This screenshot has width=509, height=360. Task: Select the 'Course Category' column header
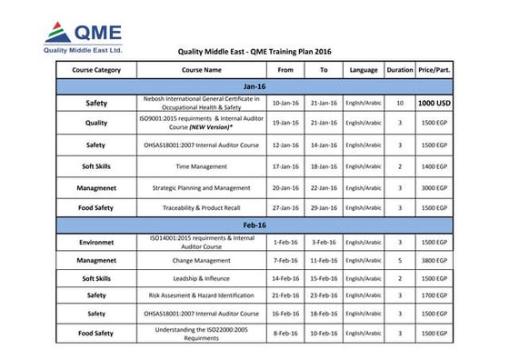(x=95, y=69)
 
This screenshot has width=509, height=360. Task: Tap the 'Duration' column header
(x=400, y=69)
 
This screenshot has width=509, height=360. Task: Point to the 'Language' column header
(x=364, y=69)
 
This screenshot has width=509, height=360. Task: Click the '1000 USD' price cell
(x=436, y=103)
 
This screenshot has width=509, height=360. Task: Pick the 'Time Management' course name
(x=201, y=166)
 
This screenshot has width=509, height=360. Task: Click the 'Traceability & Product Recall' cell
(x=201, y=208)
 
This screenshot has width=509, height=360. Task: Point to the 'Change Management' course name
(x=201, y=260)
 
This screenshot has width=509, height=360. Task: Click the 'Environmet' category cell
(x=95, y=242)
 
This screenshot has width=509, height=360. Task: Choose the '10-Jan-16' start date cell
(x=285, y=103)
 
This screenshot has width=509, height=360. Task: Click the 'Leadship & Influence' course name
(x=201, y=277)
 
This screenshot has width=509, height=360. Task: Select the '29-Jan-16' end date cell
(x=324, y=208)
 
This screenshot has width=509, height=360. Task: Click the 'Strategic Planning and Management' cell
(x=201, y=187)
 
